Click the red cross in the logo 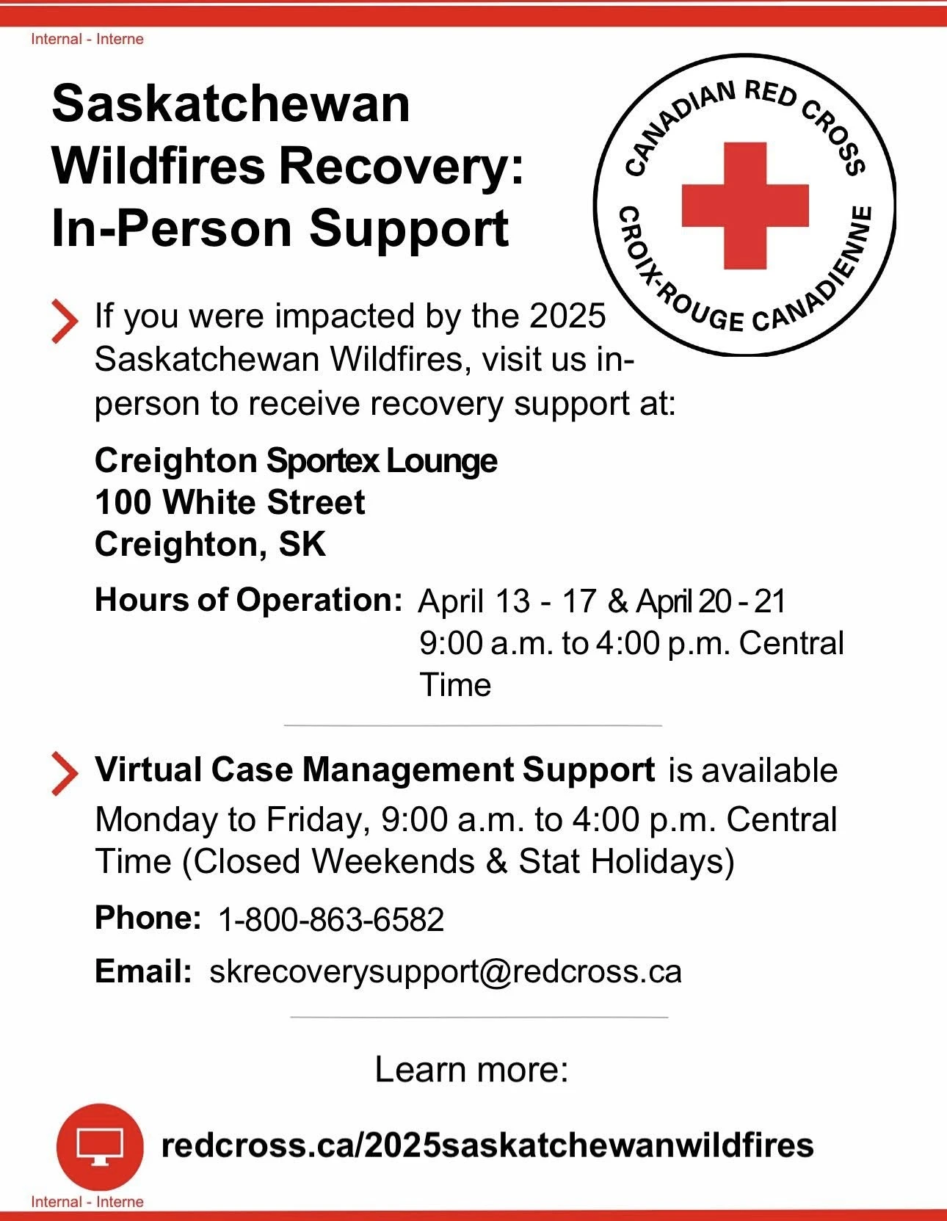745,206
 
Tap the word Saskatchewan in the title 231,104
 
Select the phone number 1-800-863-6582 331,920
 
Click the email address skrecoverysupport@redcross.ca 446,971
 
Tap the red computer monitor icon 100,1147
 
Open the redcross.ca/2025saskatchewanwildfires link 487,1145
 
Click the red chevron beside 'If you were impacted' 65,322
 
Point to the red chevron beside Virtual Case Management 65,775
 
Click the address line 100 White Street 230,501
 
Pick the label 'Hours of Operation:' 248,600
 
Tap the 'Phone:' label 148,919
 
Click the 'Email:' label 143,971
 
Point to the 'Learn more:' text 472,1069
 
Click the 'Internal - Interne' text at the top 87,40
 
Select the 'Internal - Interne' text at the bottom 87,1202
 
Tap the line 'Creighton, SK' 210,545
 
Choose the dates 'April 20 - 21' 711,601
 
